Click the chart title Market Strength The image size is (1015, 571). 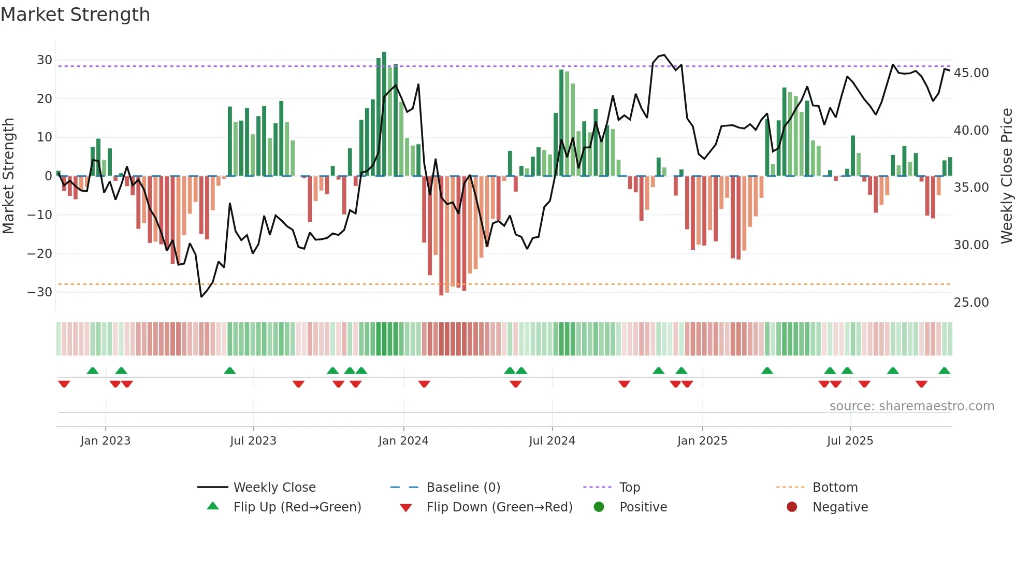pyautogui.click(x=75, y=15)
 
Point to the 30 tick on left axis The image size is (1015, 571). pyautogui.click(x=45, y=60)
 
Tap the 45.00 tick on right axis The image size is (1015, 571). pyautogui.click(x=971, y=73)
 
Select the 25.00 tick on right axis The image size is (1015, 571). pyautogui.click(x=971, y=303)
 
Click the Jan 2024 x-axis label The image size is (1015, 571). pyautogui.click(x=403, y=441)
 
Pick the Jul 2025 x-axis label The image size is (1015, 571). pyautogui.click(x=850, y=441)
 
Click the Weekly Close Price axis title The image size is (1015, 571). pyautogui.click(x=1006, y=176)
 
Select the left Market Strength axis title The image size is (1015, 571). pyautogui.click(x=9, y=176)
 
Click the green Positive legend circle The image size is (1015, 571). pyautogui.click(x=599, y=507)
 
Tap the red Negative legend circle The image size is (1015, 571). pyautogui.click(x=792, y=507)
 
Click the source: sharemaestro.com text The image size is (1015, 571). pyautogui.click(x=911, y=406)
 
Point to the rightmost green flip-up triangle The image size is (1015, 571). pyautogui.click(x=944, y=371)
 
